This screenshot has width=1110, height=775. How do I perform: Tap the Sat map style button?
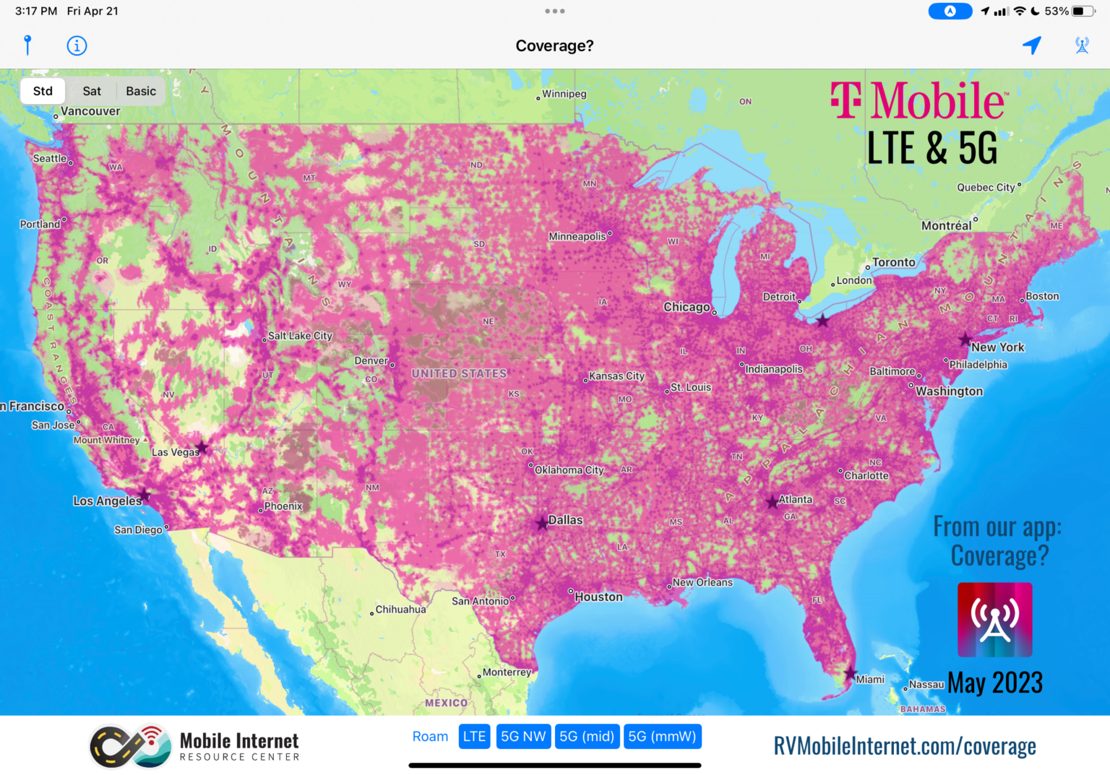click(x=92, y=91)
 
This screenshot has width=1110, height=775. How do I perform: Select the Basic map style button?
click(x=141, y=91)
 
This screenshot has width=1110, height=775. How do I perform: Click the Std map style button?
click(x=43, y=91)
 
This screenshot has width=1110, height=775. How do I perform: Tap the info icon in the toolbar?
click(x=77, y=46)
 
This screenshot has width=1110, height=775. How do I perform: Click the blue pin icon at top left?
click(x=27, y=46)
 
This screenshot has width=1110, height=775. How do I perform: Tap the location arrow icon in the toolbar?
click(x=1032, y=46)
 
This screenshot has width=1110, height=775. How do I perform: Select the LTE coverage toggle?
click(x=474, y=736)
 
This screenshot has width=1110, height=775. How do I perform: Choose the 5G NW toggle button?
click(x=523, y=736)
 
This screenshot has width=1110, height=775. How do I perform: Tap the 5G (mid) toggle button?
click(x=587, y=736)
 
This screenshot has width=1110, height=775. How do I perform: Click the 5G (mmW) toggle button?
click(x=662, y=736)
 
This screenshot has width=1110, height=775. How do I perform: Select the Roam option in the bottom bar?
click(x=430, y=736)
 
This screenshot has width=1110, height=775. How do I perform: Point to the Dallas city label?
click(x=565, y=520)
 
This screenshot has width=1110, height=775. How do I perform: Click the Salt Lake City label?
click(x=300, y=336)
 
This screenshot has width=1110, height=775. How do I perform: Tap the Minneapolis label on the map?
click(x=577, y=236)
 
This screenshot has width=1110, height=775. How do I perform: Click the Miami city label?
click(x=870, y=680)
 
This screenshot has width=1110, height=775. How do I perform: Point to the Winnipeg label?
click(x=564, y=94)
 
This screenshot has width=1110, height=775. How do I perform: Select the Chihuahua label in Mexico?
click(x=400, y=610)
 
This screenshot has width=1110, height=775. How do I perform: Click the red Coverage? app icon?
click(x=994, y=620)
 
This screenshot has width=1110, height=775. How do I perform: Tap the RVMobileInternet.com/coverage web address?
click(x=905, y=746)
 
